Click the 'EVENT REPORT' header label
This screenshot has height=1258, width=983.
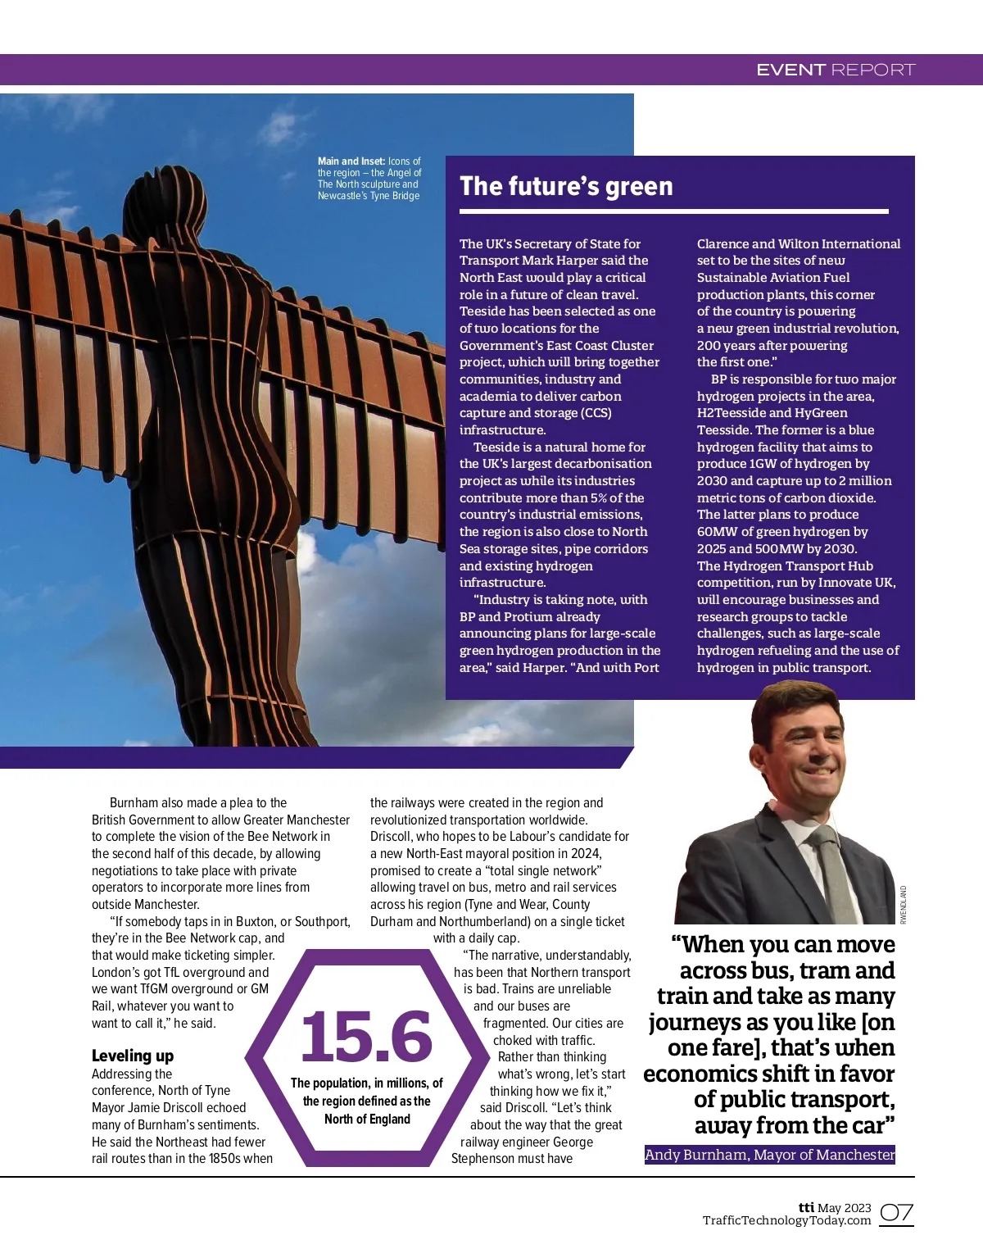pos(835,70)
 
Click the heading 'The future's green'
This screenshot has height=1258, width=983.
pos(566,187)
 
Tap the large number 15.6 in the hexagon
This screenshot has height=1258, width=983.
pos(366,1037)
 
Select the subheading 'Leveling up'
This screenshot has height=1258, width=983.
pos(133,1056)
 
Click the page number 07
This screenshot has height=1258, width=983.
pos(896,1213)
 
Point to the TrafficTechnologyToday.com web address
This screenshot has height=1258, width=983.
pos(786,1220)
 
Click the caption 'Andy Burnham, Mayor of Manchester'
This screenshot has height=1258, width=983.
pos(769,1155)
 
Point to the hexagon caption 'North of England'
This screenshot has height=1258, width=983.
pos(367,1119)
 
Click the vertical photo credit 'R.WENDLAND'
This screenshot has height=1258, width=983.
pos(904,905)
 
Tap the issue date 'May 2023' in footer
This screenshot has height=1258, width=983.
pos(845,1207)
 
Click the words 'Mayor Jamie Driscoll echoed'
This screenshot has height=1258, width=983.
pos(169,1108)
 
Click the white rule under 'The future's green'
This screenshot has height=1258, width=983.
pos(673,211)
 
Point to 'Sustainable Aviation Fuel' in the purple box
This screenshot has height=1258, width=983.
pos(773,278)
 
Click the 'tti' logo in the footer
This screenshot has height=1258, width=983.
pos(806,1207)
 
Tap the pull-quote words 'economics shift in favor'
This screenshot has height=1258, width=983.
pos(768,1074)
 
